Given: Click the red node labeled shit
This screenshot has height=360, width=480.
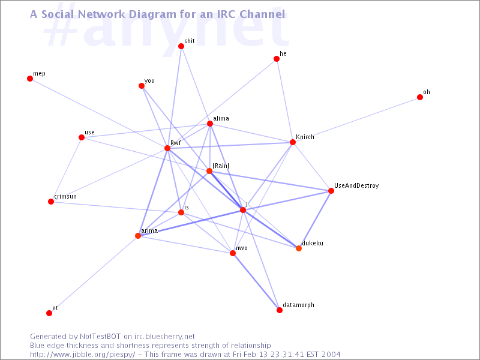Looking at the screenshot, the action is [x=181, y=46].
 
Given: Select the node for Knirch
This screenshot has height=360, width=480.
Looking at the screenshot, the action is [x=293, y=142].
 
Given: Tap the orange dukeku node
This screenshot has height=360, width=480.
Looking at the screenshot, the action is [x=299, y=248].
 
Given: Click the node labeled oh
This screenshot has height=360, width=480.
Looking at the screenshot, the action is [x=420, y=97].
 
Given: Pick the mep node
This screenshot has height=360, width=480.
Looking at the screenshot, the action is [x=30, y=79].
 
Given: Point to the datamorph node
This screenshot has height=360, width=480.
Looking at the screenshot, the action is [x=280, y=310].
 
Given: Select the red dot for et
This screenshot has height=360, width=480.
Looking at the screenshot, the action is [x=49, y=313].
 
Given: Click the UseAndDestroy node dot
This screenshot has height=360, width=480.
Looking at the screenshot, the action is [x=331, y=191].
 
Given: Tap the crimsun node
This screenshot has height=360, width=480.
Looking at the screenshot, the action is [x=51, y=202].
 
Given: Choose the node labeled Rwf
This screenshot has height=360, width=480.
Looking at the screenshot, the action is [x=167, y=148].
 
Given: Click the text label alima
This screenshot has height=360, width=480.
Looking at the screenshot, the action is [x=221, y=118].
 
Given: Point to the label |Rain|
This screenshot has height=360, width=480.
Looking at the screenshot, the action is [x=221, y=166].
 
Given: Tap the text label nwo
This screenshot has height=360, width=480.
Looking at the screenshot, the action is [x=242, y=248].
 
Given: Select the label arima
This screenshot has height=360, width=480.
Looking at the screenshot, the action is [x=149, y=230].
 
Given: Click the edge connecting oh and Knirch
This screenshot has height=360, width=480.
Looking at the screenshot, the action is [x=356, y=119].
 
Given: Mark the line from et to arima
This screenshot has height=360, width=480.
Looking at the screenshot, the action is [x=94, y=274].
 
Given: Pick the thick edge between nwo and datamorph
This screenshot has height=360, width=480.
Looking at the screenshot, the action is [x=256, y=281].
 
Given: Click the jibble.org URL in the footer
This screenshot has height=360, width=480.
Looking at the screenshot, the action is [x=82, y=355].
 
